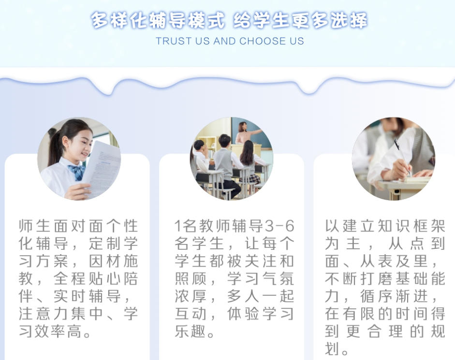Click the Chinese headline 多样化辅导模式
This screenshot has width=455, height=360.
coord(158,21)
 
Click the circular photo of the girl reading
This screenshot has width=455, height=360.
coord(79,158)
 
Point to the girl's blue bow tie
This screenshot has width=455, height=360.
coord(77,171)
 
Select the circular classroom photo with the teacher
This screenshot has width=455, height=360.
coord(231,158)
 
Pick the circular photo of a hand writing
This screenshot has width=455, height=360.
coord(393,158)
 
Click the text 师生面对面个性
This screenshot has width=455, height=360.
coord(78,226)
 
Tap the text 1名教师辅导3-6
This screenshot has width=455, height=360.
coord(234,226)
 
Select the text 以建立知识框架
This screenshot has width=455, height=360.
coord(385,226)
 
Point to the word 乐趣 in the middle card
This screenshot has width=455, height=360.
coord(191,332)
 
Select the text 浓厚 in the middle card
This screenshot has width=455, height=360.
coord(191,296)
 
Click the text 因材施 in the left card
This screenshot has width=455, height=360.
coord(114,261)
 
